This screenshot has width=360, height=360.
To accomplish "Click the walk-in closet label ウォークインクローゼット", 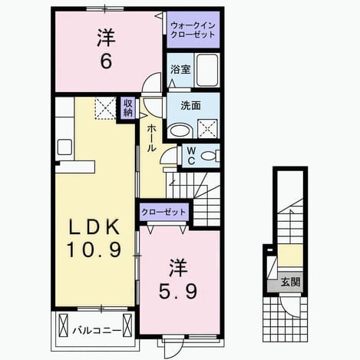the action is point(193,30).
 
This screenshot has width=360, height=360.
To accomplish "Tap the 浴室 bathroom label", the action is point(180,69).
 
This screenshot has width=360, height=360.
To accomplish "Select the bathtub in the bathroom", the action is point(207,70).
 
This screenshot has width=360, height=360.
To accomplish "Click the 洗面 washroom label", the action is point(191,105).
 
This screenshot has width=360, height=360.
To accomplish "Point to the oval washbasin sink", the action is point(180,130).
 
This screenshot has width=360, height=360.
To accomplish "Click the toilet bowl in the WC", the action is point(209,156).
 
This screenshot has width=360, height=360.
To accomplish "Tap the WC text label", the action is point(191,156).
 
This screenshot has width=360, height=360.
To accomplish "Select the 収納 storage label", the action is point(128,107).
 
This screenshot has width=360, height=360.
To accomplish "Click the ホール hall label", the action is point(151,138).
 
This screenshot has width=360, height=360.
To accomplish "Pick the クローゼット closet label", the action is point(163,212).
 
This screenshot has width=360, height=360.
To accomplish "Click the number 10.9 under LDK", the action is point(94,250).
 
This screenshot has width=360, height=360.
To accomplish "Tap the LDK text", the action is point(94,226).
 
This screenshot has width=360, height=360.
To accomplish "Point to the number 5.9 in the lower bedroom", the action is point(178,292).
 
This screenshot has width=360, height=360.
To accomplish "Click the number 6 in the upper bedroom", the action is point(106,61).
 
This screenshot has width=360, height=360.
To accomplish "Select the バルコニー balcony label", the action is point(97,331).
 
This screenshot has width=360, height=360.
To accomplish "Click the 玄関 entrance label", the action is point(290,282).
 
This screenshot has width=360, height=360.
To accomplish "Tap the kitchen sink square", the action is point(64,147).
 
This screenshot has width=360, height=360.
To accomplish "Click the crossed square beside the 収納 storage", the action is point(106,108).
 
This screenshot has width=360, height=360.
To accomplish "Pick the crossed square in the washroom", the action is point(208,129).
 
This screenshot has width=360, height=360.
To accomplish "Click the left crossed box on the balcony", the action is point(63,325).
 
